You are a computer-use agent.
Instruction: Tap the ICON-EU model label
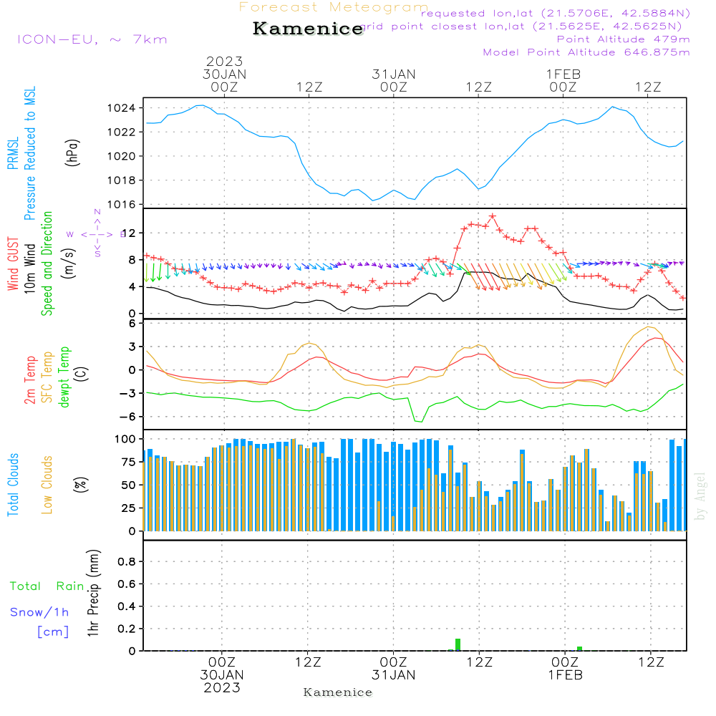(92, 39)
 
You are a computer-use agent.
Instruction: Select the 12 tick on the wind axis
(129, 233)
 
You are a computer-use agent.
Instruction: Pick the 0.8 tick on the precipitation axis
(127, 561)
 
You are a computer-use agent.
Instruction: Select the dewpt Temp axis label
(64, 377)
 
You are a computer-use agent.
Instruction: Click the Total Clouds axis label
(13, 485)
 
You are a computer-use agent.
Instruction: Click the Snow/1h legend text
(40, 612)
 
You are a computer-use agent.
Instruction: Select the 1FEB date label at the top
(563, 74)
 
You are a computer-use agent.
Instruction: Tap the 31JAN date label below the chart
(393, 675)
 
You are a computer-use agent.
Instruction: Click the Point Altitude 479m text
(623, 39)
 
